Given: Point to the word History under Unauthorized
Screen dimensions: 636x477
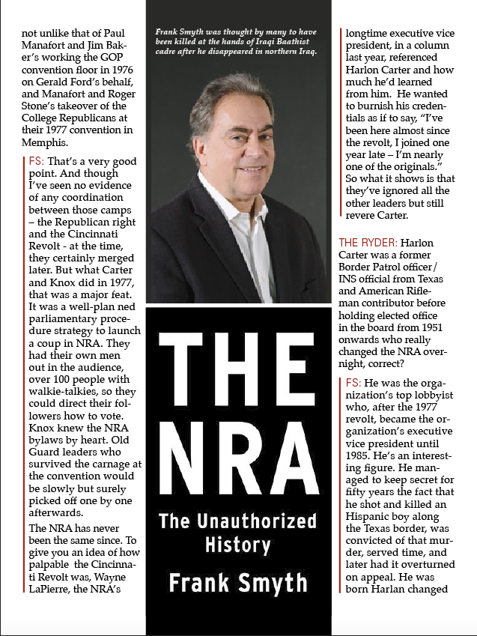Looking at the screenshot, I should (238, 545).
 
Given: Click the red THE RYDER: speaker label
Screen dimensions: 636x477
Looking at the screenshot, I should (367, 243).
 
